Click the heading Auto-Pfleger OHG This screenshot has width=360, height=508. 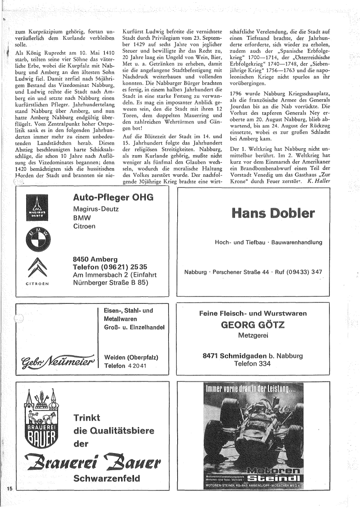pyautogui.click(x=113, y=198)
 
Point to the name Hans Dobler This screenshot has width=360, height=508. pyautogui.click(x=267, y=213)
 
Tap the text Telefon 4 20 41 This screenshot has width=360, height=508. pyautogui.click(x=126, y=366)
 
